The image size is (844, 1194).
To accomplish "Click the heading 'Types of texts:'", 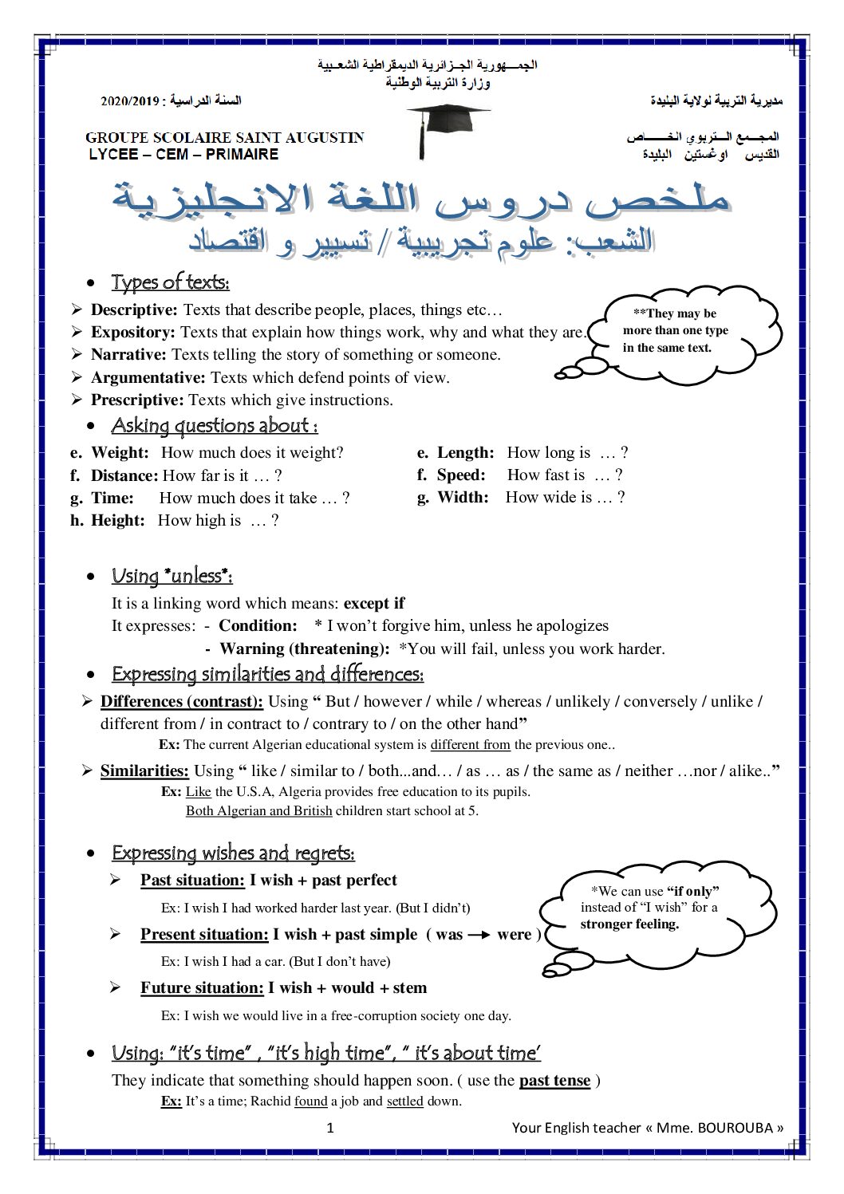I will click(170, 282).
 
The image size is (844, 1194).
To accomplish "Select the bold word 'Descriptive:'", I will click(134, 309).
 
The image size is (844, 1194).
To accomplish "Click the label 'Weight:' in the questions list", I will click(120, 453).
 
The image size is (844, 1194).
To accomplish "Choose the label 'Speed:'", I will click(461, 475).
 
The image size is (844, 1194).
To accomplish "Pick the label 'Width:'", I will click(463, 498).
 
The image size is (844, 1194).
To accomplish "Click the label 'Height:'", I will click(118, 521).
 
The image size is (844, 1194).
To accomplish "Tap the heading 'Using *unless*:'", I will click(172, 576).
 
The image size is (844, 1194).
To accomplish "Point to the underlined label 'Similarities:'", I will click(144, 771).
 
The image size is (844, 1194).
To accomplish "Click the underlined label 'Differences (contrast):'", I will click(181, 702).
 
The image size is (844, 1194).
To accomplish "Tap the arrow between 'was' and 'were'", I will click(479, 936).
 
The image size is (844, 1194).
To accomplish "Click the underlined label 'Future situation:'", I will click(202, 988).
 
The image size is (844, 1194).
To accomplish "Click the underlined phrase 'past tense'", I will click(554, 1081).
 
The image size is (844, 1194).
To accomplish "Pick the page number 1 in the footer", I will click(330, 1128).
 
